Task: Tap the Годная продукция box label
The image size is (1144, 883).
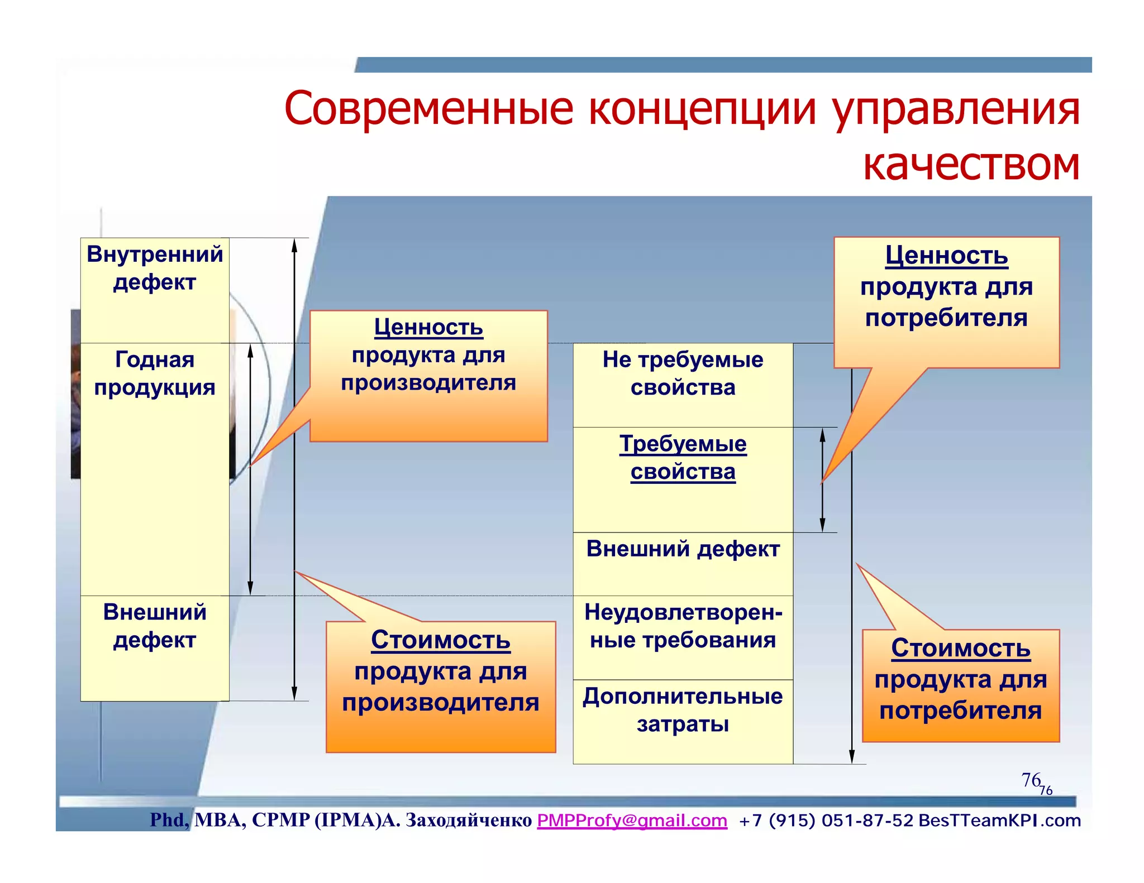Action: click(155, 373)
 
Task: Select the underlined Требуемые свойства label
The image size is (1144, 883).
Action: click(683, 458)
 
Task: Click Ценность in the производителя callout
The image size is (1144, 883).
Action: click(428, 327)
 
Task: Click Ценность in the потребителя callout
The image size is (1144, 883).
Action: click(946, 256)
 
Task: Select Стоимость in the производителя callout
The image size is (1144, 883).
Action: click(440, 640)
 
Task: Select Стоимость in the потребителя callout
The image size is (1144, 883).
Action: click(960, 649)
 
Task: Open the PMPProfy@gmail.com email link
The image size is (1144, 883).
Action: click(632, 820)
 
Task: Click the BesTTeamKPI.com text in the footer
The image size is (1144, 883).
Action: click(999, 820)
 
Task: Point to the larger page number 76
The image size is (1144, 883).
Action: click(1031, 780)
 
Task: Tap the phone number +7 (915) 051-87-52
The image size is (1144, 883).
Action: click(826, 820)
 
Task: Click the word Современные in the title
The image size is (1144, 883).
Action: click(428, 109)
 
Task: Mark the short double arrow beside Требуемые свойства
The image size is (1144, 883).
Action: click(822, 480)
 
